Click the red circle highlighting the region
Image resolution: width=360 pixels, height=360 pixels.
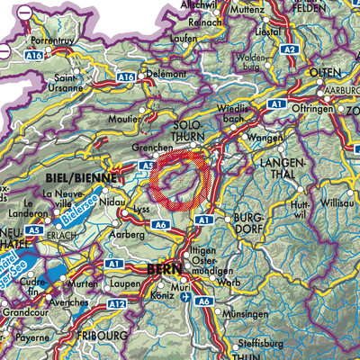[181, 180]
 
